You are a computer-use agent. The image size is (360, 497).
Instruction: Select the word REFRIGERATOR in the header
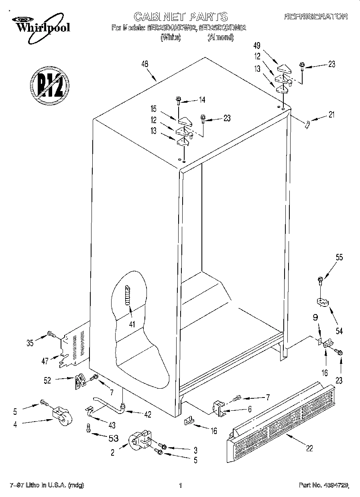click(315, 16)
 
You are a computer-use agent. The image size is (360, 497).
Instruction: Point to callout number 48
click(145, 63)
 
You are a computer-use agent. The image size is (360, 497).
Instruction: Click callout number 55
click(339, 258)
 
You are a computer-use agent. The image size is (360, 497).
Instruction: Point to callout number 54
click(339, 331)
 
